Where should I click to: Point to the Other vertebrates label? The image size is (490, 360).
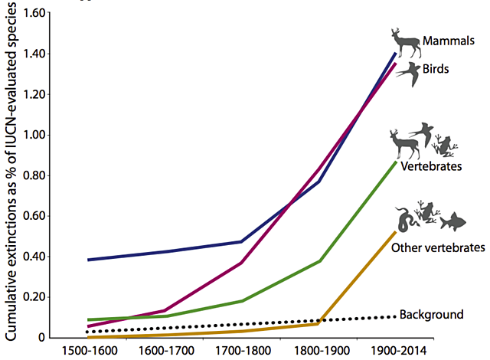click(438, 247)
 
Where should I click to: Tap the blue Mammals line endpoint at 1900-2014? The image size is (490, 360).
click(396, 53)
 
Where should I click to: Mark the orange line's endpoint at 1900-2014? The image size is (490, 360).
click(396, 231)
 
